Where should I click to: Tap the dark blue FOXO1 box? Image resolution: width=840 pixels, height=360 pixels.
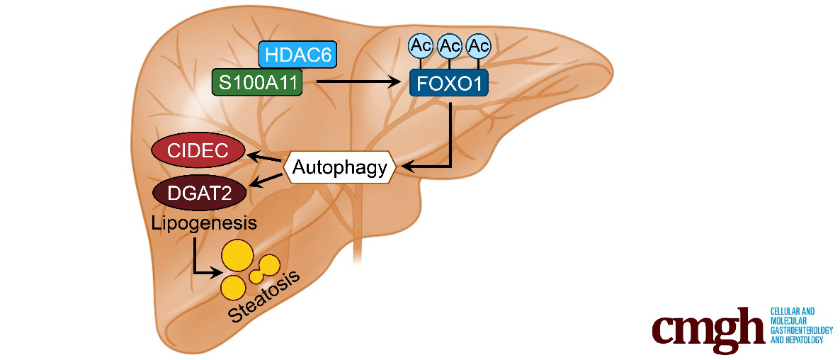pyautogui.click(x=449, y=83)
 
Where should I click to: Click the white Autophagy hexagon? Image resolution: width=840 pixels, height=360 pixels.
pyautogui.click(x=340, y=167)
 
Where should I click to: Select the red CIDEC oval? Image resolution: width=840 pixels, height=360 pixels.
pyautogui.click(x=199, y=150)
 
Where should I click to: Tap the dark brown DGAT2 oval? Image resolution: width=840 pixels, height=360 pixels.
pyautogui.click(x=200, y=191)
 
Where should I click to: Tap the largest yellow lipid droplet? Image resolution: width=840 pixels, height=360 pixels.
pyautogui.click(x=238, y=255)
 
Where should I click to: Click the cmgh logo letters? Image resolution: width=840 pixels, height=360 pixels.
pyautogui.click(x=708, y=327)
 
